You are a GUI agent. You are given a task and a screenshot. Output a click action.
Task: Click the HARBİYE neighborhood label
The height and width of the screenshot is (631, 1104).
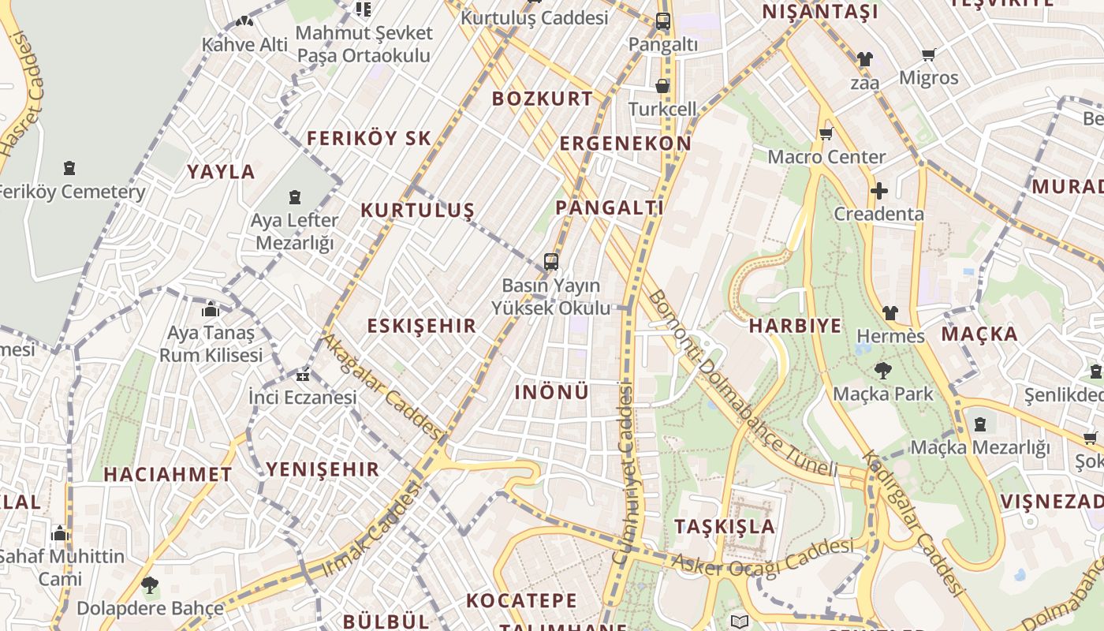click(x=795, y=326)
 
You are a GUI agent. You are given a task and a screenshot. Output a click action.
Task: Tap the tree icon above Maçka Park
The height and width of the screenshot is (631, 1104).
click(x=883, y=370)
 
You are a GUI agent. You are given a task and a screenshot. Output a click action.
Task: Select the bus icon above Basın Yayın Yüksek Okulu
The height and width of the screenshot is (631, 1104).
click(x=551, y=262)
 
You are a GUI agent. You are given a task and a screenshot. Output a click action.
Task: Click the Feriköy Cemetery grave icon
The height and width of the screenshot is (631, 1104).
click(x=69, y=168)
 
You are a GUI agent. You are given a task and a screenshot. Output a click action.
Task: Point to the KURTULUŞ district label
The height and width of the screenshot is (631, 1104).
click(x=417, y=211)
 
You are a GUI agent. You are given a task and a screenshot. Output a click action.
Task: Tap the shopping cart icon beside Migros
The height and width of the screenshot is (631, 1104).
click(x=929, y=54)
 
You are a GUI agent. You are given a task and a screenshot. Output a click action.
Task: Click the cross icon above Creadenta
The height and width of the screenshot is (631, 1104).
click(x=878, y=191)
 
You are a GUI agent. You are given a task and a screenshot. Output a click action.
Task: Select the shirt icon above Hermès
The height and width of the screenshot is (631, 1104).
click(x=890, y=313)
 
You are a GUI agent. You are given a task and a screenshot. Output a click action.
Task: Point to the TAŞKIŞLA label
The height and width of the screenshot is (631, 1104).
click(x=725, y=527)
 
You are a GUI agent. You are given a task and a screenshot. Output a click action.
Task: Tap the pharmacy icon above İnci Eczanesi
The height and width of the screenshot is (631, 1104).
click(x=303, y=375)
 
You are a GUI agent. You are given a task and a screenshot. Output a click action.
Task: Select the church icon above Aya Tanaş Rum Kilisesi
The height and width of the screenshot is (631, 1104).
click(x=211, y=310)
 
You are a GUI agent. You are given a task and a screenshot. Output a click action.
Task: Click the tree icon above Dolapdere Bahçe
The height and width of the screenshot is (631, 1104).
click(x=150, y=585)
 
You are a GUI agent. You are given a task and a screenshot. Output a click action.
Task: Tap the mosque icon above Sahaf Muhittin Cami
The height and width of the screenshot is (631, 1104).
click(x=60, y=534)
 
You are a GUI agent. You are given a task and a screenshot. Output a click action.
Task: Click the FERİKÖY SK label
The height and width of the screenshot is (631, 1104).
click(x=368, y=139)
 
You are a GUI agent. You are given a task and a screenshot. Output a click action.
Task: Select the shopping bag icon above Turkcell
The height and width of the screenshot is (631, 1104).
click(x=662, y=85)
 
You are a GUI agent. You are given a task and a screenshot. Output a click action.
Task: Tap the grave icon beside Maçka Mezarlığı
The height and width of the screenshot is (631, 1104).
click(x=980, y=424)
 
